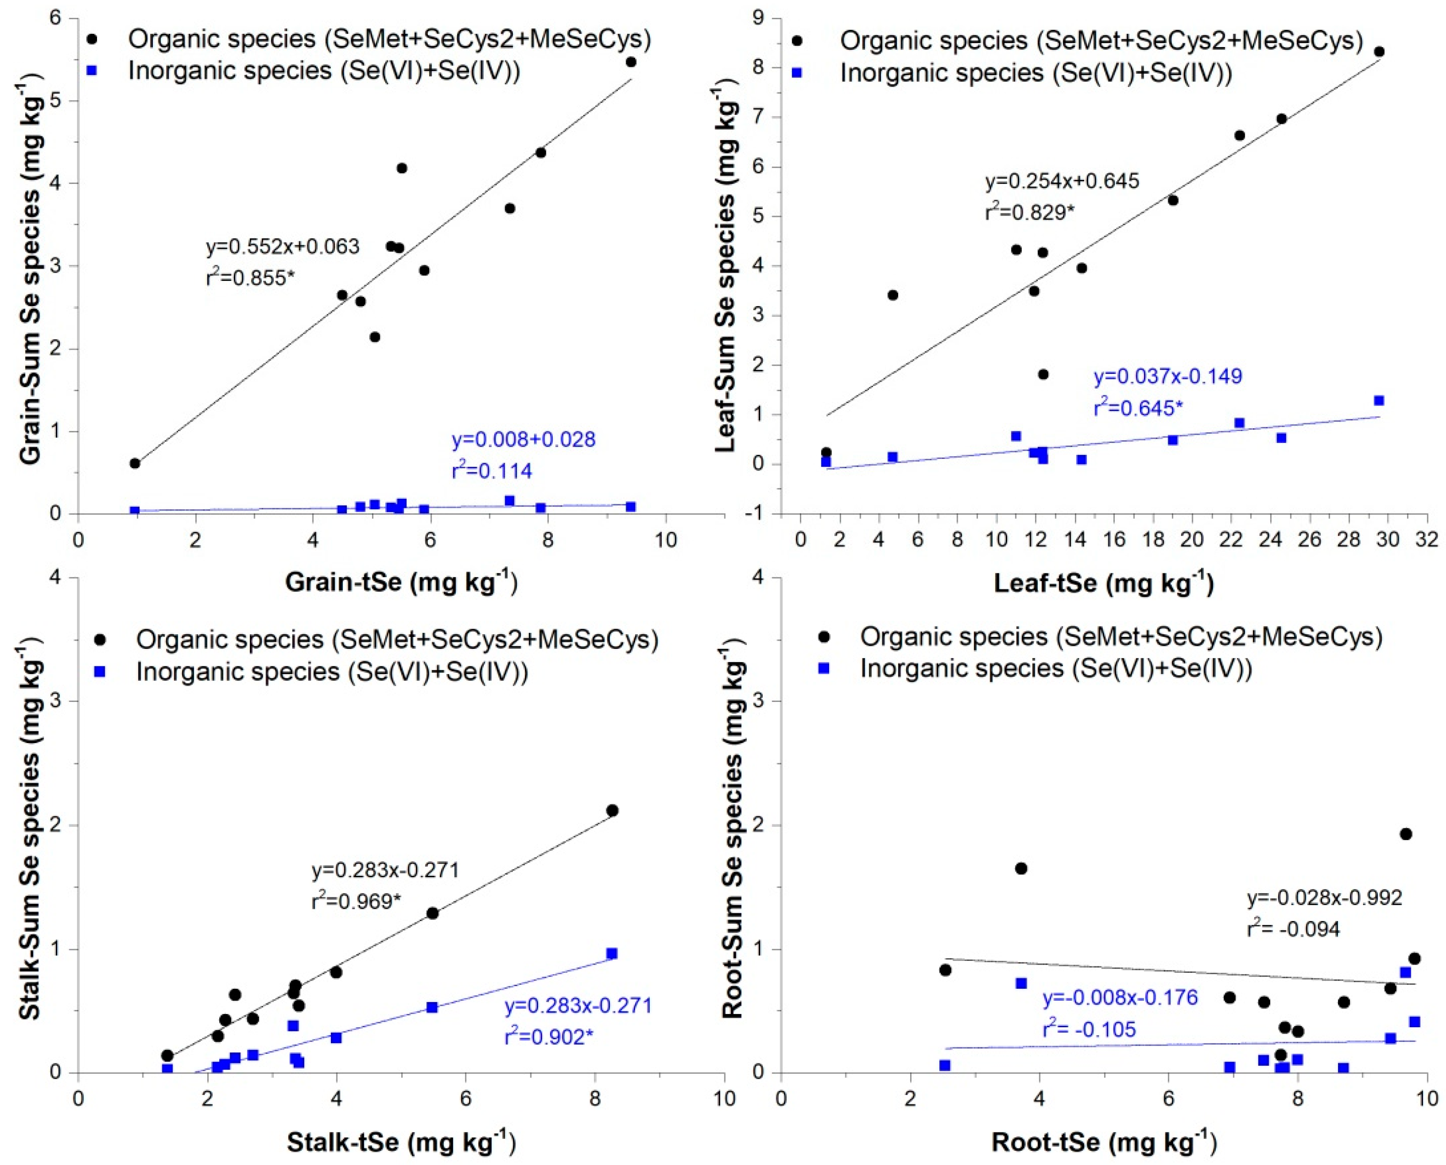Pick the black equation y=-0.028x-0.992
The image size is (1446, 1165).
click(1324, 898)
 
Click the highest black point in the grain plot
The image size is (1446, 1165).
click(630, 62)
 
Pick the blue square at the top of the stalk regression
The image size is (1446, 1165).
click(611, 954)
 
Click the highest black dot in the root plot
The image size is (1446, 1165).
click(1405, 834)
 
